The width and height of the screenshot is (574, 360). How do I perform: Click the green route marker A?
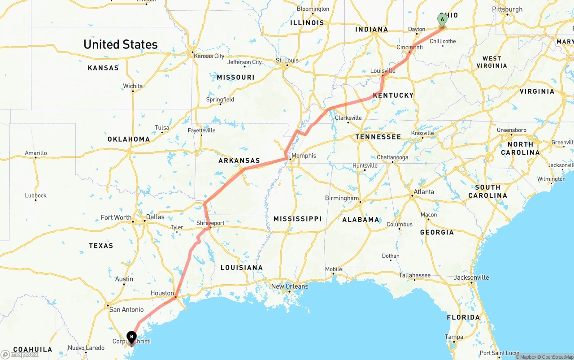(x=442, y=20)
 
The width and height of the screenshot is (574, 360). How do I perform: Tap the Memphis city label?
(x=304, y=156)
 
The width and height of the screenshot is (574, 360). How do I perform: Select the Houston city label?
(x=162, y=293)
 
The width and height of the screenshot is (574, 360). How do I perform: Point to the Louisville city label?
(x=383, y=71)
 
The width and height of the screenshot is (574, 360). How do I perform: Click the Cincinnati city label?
(x=409, y=47)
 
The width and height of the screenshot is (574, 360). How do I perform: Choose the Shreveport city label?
(x=210, y=223)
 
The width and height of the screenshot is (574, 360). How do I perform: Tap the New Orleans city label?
(x=290, y=286)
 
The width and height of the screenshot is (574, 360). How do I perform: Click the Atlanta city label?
(x=424, y=192)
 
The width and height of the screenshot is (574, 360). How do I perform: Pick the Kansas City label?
(x=209, y=56)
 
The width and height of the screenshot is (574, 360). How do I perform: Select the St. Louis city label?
(x=287, y=61)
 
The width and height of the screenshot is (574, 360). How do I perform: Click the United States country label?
(x=121, y=44)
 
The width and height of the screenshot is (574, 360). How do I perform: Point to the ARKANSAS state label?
(x=239, y=160)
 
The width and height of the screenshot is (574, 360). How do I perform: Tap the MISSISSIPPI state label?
(x=297, y=219)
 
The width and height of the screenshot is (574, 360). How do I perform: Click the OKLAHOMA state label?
(x=129, y=139)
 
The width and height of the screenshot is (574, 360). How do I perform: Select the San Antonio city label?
(x=127, y=309)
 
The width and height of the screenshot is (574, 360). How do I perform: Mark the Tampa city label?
(x=454, y=337)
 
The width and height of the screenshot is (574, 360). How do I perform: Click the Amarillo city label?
(x=36, y=153)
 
